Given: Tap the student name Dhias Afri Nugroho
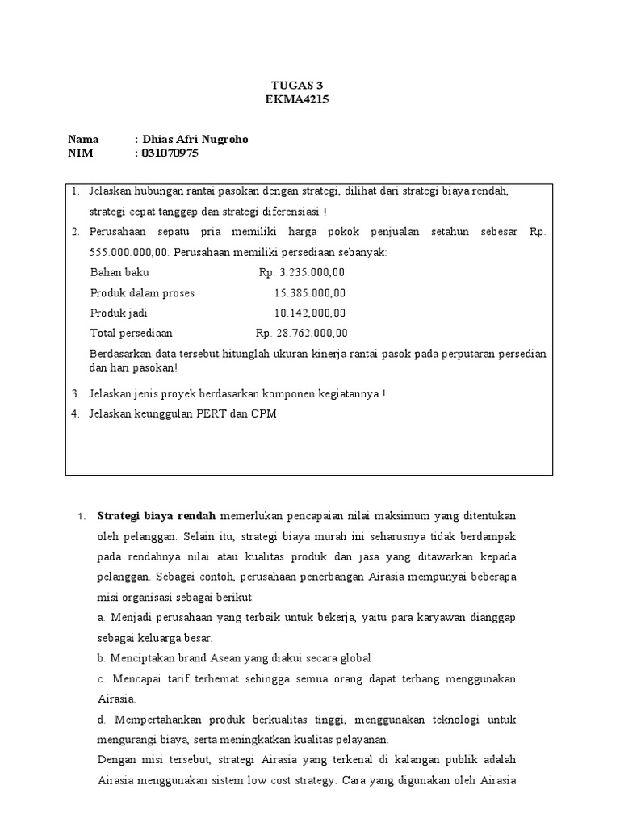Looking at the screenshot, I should (195, 139).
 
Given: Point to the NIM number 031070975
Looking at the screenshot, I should (170, 153).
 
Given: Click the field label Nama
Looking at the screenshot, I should (83, 139).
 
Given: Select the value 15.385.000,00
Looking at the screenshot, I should (310, 292).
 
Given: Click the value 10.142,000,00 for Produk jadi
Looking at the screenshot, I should (310, 313).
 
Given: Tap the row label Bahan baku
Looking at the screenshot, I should (119, 272).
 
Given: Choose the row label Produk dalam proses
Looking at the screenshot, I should (142, 292).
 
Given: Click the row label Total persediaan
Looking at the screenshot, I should (131, 333).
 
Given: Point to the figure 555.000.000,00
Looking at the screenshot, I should (123, 252).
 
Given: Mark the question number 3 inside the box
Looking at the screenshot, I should (74, 394).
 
